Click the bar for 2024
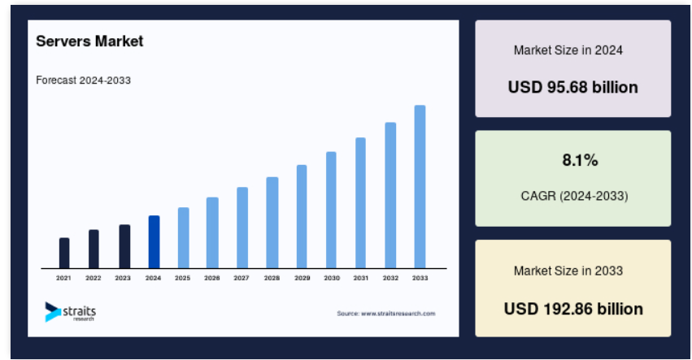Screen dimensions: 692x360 click(154, 242)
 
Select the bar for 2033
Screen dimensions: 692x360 click(420, 187)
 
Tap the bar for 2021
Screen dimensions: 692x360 click(64, 253)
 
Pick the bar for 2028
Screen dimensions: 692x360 click(272, 223)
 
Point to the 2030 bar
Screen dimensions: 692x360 click(331, 210)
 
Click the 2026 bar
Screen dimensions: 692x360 click(212, 232)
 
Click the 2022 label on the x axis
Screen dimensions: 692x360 click(94, 278)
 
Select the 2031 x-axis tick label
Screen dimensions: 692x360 click(360, 278)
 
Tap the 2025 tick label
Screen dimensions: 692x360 click(182, 278)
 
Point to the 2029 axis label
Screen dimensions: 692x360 click(302, 278)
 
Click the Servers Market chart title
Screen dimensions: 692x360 click(89, 41)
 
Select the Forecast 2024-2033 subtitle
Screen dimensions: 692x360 click(84, 80)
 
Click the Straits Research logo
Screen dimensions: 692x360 click(70, 312)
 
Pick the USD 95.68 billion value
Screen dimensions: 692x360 click(572, 87)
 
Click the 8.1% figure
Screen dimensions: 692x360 click(580, 160)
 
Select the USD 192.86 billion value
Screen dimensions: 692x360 click(573, 309)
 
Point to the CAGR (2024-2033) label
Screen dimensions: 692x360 click(574, 196)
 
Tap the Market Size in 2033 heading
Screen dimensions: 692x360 click(568, 271)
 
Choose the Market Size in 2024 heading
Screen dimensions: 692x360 click(568, 50)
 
